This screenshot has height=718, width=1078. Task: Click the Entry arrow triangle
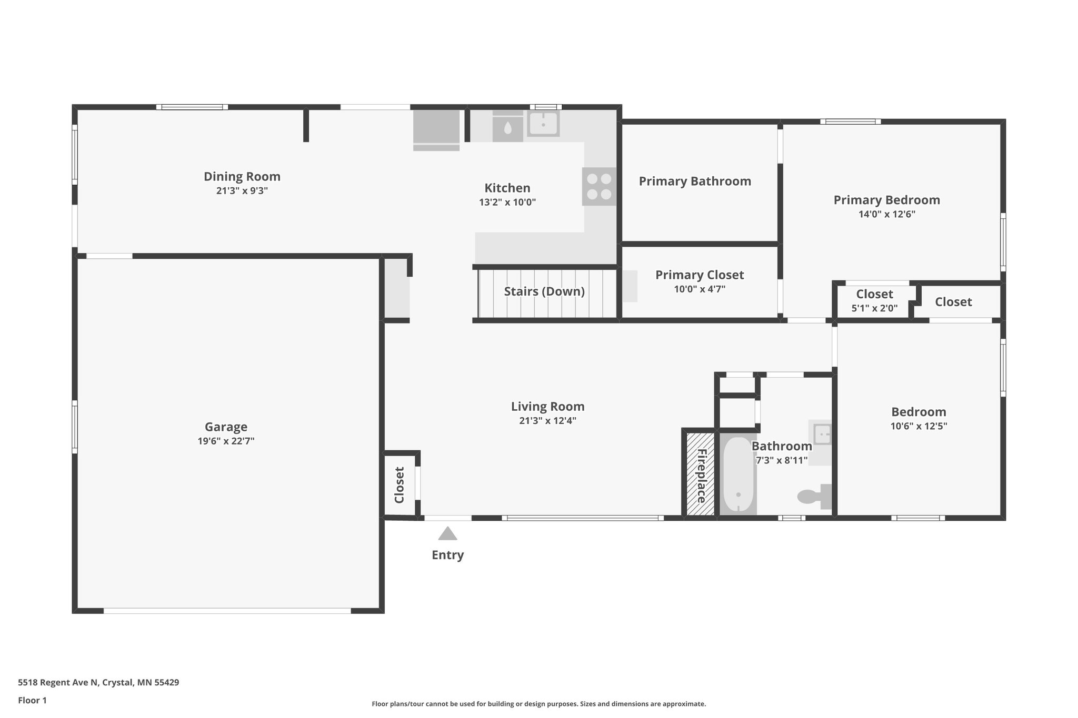[447, 533]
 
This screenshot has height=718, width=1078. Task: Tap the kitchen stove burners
[599, 186]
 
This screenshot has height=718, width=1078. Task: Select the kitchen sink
[543, 124]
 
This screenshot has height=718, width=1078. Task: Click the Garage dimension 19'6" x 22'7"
[226, 441]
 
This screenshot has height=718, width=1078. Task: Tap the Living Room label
[547, 406]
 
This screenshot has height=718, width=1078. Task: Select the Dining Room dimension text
[242, 190]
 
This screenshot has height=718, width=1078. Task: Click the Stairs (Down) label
[544, 291]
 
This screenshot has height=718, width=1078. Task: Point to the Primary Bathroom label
[695, 181]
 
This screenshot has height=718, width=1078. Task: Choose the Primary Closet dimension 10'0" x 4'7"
[700, 289]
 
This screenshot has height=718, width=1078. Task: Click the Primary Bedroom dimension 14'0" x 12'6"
[887, 214]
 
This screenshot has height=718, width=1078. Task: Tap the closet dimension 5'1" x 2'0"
[874, 308]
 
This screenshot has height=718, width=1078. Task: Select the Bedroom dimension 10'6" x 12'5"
[919, 426]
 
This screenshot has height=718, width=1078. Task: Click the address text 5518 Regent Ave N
[58, 682]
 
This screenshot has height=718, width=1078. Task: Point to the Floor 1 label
[32, 700]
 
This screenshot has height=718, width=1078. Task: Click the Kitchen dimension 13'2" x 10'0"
[507, 202]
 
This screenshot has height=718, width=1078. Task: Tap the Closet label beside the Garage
[399, 485]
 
